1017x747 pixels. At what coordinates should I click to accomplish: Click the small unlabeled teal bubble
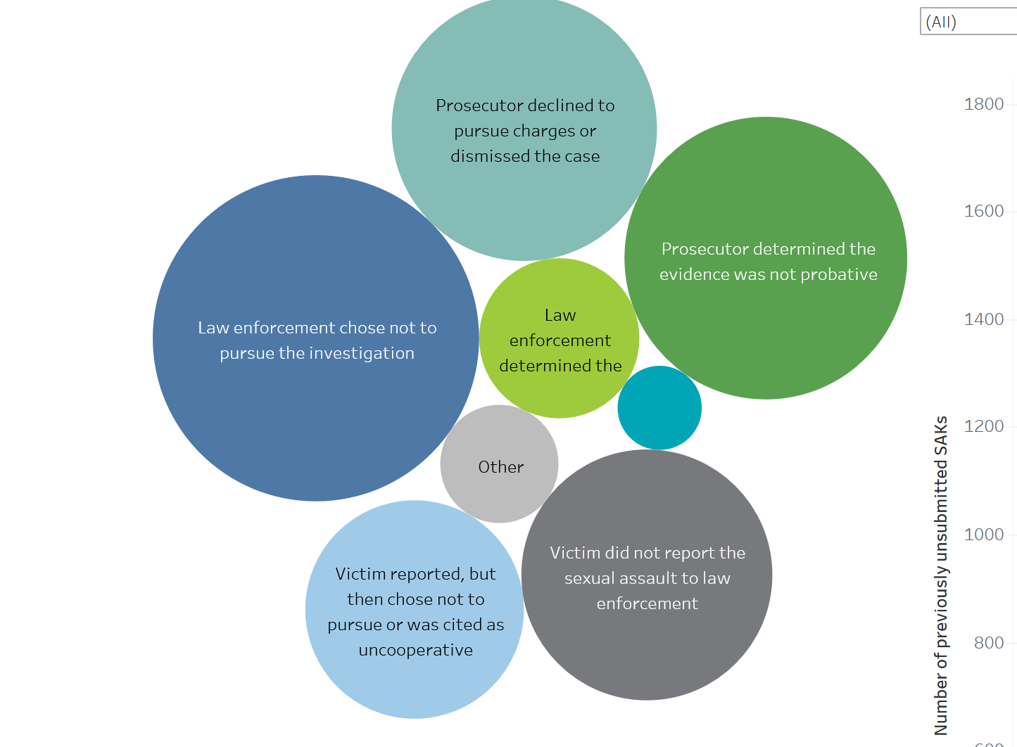click(x=659, y=408)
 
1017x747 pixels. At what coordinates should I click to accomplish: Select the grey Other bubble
click(x=500, y=464)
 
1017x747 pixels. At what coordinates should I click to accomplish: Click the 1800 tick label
click(x=983, y=104)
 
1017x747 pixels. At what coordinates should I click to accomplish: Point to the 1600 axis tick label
click(x=983, y=211)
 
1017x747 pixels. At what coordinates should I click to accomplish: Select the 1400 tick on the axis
click(x=983, y=319)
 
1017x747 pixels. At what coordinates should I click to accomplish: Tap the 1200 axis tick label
click(x=983, y=426)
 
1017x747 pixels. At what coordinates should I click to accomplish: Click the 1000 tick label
click(x=983, y=535)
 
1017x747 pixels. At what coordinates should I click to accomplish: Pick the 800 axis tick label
click(x=988, y=643)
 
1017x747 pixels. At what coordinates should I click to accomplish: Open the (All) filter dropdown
click(x=968, y=22)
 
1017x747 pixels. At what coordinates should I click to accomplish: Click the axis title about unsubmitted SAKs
click(x=941, y=575)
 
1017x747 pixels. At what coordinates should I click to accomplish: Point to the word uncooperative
click(x=415, y=650)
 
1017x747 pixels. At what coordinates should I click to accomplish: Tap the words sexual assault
click(x=620, y=578)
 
